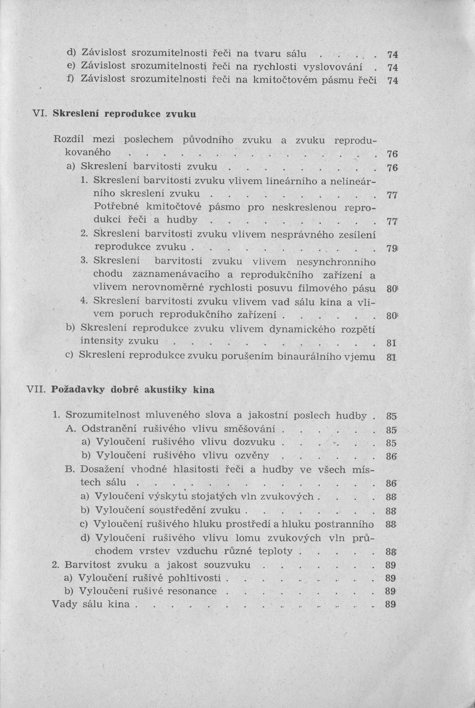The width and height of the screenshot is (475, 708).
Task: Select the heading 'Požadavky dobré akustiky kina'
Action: tap(133, 389)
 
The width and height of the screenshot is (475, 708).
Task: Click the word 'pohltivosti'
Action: tap(194, 578)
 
